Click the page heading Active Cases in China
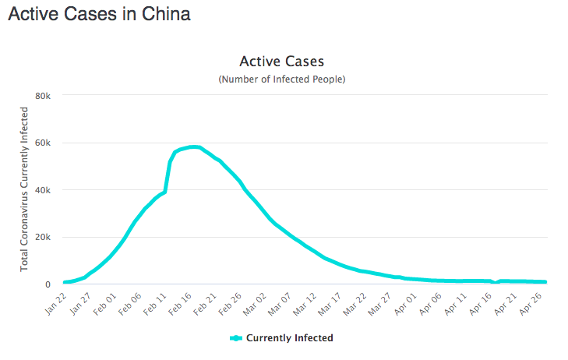(x=99, y=14)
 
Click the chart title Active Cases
(x=281, y=61)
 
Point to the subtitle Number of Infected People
(x=281, y=79)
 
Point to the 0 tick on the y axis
(x=48, y=285)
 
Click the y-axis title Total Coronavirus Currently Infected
(x=25, y=190)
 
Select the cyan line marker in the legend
(x=237, y=338)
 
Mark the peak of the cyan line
(x=194, y=146)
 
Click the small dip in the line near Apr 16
(x=496, y=283)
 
